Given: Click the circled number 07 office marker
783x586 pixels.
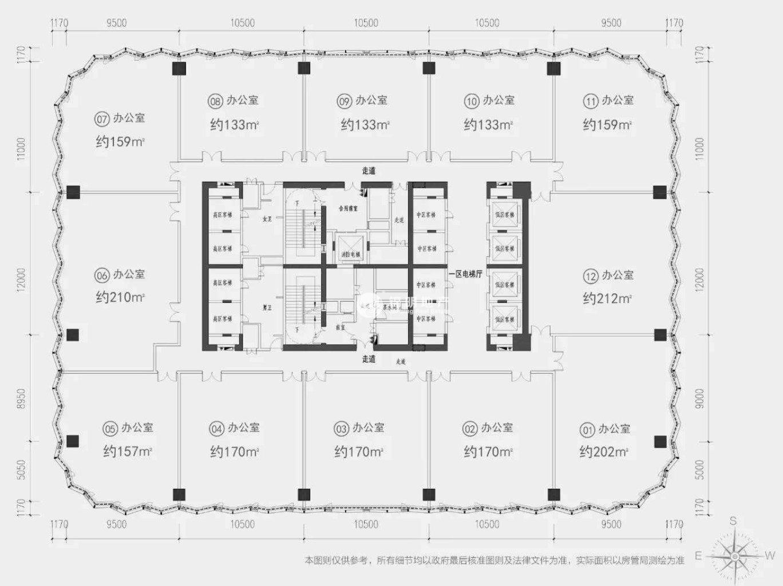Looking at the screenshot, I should coord(102,119).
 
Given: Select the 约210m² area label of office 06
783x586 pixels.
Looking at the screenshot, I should coord(120,298).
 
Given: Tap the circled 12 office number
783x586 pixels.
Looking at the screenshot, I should coord(591,276).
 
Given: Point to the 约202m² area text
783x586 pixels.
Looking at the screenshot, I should coord(604,452).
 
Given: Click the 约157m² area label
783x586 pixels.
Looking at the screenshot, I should coord(128,452).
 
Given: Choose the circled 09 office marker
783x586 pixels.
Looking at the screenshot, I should coord(344,101).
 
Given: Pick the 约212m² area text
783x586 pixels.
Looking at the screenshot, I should coord(607,298).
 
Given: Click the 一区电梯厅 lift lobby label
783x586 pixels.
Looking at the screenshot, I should coord(465,274).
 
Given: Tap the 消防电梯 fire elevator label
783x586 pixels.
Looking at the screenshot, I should coord(351,254).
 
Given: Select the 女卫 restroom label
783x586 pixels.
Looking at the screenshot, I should coord(267,219).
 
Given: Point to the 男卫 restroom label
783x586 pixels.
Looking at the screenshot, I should coord(267,308).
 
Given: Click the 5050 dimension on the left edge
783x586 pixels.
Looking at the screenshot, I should coord(22,470).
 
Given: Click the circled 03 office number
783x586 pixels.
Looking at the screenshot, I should coord(341,429).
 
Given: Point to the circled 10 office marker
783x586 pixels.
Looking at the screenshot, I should coord(472,101).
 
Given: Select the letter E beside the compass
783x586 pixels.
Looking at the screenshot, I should coord(698,556).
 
